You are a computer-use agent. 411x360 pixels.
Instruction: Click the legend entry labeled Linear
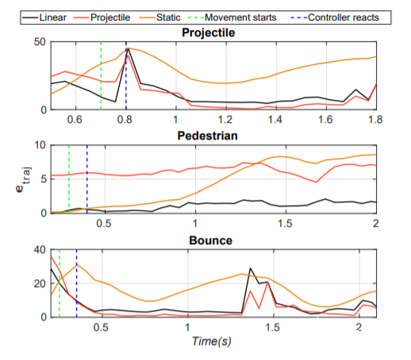pos(44,17)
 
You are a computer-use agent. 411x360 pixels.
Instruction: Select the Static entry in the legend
pos(160,17)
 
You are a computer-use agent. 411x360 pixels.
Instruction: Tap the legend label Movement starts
pos(232,17)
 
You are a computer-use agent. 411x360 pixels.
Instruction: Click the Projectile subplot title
pos(209,33)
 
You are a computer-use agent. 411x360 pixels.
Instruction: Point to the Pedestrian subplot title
pos(208,136)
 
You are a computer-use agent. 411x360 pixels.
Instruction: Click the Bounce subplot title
pos(211,240)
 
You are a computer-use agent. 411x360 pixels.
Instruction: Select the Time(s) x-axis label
pos(212,341)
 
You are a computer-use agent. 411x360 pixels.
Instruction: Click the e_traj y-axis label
pos(23,179)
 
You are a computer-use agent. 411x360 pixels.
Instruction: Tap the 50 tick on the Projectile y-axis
pos(40,42)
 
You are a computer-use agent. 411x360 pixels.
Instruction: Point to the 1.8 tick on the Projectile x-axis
pos(375,120)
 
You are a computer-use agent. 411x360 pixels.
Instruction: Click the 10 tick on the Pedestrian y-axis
pos(40,145)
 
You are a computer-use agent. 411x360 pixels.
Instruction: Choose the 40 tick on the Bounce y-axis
pos(40,250)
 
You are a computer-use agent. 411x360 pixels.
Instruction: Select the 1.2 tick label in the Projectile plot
pos(225,120)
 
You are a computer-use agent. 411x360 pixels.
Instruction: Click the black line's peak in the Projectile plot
pos(129,48)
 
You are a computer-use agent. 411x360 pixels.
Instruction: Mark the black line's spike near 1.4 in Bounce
pos(250,268)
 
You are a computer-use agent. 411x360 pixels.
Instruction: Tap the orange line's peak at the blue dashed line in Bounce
pos(77,264)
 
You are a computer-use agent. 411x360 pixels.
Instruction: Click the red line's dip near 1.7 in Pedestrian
pos(316,182)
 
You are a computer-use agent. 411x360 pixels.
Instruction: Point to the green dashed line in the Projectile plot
pos(101,75)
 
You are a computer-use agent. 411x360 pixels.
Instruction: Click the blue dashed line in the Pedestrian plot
pos(87,179)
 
